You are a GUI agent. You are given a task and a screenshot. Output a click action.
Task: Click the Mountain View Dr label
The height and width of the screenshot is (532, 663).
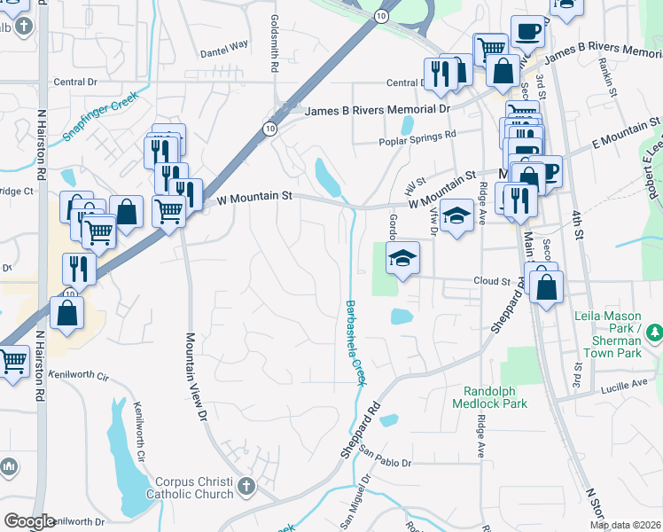tap(196, 377)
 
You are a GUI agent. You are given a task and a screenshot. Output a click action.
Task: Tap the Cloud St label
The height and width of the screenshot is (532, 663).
tap(493, 281)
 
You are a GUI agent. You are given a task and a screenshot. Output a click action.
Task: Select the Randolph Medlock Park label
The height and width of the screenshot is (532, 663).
tap(495, 396)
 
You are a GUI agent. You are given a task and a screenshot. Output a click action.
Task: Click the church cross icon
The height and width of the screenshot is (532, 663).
tap(246, 487)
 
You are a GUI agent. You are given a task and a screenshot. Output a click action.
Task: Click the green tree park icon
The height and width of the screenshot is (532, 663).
tap(654, 332)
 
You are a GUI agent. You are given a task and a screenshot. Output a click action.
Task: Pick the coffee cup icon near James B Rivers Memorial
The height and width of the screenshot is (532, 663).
tap(528, 31)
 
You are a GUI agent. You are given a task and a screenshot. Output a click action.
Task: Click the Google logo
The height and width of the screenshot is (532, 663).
tap(29, 521)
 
